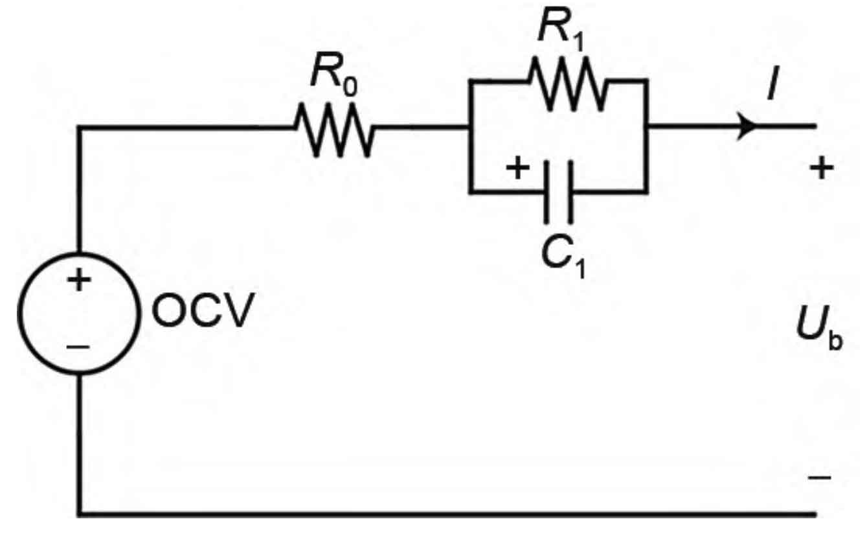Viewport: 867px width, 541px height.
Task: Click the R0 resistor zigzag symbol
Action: pyautogui.click(x=334, y=130)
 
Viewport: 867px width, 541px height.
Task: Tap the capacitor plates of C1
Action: pyautogui.click(x=559, y=192)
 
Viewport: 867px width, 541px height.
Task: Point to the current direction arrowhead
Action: pyautogui.click(x=747, y=126)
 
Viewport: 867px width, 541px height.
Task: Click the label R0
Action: pyautogui.click(x=334, y=74)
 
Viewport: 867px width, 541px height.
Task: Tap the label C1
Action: pyautogui.click(x=564, y=257)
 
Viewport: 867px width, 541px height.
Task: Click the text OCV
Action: pyautogui.click(x=203, y=310)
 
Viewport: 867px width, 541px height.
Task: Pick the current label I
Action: pyautogui.click(x=773, y=84)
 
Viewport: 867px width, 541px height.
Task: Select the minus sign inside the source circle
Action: pyautogui.click(x=78, y=347)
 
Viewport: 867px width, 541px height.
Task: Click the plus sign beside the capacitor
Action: pyautogui.click(x=518, y=168)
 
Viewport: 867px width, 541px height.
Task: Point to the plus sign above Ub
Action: pyautogui.click(x=821, y=168)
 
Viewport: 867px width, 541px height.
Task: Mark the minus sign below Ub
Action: pyautogui.click(x=819, y=477)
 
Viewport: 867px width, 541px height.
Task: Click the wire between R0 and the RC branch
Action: pyautogui.click(x=422, y=126)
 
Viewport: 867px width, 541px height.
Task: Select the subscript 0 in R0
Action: pyautogui.click(x=351, y=86)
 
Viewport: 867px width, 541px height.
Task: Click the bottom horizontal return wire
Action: pyautogui.click(x=447, y=514)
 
